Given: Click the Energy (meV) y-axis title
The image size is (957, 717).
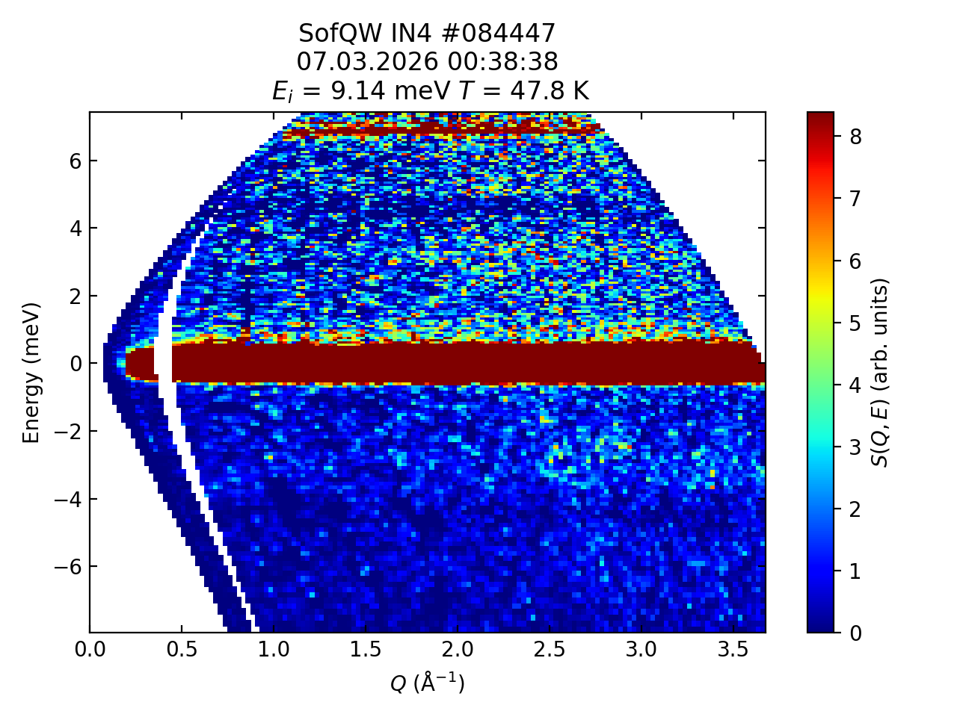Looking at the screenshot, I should point(31,372).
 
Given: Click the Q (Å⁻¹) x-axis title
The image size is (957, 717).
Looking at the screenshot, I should point(428,682).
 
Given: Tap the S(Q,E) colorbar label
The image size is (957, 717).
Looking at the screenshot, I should point(881,372).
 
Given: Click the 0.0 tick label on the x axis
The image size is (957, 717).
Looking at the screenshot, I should point(90,650).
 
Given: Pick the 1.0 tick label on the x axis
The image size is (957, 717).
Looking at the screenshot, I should point(274,650).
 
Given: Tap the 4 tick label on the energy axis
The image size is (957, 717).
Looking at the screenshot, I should point(76,228).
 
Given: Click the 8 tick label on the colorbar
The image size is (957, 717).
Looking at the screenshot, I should point(855,136).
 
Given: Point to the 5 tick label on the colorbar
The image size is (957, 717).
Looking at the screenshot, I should point(855,323).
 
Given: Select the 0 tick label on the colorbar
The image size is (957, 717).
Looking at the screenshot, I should point(855,633).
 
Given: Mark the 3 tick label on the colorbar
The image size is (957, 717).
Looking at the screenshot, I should point(855,447).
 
